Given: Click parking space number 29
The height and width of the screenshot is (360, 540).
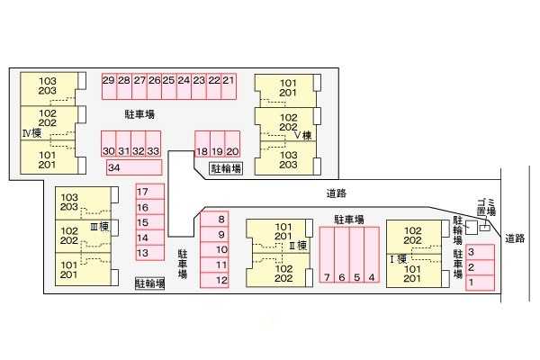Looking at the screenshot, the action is tap(109, 86).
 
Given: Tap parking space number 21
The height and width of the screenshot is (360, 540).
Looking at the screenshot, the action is tap(229, 86).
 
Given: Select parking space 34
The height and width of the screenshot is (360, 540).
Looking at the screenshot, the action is tap(134, 167).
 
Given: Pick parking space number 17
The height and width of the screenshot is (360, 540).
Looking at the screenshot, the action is tap(150, 192).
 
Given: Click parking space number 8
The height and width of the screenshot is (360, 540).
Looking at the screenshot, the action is tap(214, 219).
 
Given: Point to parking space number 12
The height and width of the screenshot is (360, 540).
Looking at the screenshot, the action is tap(214, 280).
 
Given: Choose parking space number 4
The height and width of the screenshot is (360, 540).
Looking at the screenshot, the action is tap(372, 255).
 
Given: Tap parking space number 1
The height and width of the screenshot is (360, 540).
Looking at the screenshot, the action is tap(480, 283).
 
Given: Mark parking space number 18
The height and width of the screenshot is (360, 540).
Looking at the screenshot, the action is tap(202, 144).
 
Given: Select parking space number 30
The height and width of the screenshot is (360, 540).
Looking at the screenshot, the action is tap(109, 144).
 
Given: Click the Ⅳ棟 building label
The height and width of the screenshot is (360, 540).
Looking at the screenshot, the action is tap(32, 133).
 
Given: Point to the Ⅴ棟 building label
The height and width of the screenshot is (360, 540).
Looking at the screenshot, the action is tap(303, 135).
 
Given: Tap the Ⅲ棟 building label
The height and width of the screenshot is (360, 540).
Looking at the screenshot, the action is tap(100, 226).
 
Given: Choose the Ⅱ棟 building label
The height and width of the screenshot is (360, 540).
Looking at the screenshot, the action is tap(298, 246).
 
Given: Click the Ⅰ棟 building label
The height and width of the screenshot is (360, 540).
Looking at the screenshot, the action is tap(398, 258).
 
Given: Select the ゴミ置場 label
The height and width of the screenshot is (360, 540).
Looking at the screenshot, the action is tap(486, 207).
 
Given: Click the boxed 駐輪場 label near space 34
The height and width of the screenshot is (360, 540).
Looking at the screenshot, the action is tap(226, 168).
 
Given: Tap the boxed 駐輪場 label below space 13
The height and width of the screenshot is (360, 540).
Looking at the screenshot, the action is tap(149, 283).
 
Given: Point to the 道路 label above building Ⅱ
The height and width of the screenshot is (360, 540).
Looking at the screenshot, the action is tap(336, 193).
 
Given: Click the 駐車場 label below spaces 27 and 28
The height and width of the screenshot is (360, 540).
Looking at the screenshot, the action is tap(139, 114).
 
